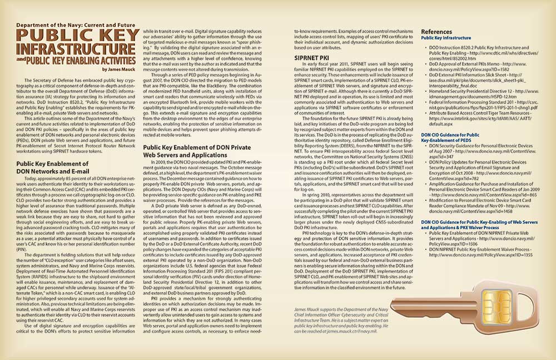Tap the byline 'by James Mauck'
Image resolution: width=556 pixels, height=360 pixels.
click(120, 69)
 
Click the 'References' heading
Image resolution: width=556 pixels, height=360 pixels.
click(436, 31)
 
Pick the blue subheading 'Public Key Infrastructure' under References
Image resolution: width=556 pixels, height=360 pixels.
click(446, 38)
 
